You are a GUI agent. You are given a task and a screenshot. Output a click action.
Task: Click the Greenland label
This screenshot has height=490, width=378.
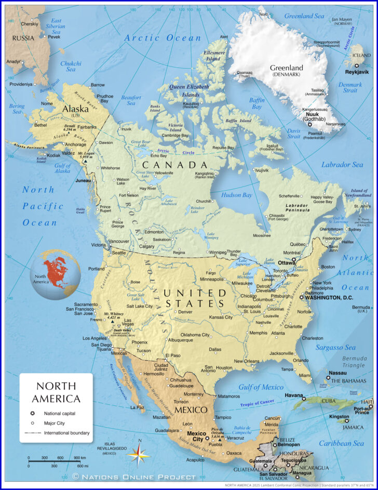(x=286, y=68)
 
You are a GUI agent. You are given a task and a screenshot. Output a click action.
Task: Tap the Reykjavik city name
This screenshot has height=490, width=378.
(x=357, y=72)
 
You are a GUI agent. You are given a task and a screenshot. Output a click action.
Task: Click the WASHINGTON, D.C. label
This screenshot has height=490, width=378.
(x=329, y=298)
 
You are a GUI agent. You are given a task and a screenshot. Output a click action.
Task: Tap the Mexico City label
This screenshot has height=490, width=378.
(x=196, y=436)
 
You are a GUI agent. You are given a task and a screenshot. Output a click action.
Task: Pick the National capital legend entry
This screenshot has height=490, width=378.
(x=60, y=413)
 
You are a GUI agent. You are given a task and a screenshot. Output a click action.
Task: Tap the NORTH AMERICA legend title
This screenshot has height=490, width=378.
(x=56, y=392)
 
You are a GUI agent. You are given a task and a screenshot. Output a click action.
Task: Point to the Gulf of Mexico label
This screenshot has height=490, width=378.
(x=261, y=387)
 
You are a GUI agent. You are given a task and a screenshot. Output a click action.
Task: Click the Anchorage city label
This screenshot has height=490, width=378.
(x=76, y=144)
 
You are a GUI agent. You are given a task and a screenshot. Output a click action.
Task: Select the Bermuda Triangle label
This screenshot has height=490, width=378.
(x=354, y=362)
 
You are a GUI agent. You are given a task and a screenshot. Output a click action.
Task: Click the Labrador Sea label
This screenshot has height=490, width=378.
(x=343, y=165)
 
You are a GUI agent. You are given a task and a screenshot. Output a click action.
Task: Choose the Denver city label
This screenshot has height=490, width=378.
(x=185, y=312)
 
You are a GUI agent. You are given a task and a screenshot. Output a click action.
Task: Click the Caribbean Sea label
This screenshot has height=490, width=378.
(x=342, y=443)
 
